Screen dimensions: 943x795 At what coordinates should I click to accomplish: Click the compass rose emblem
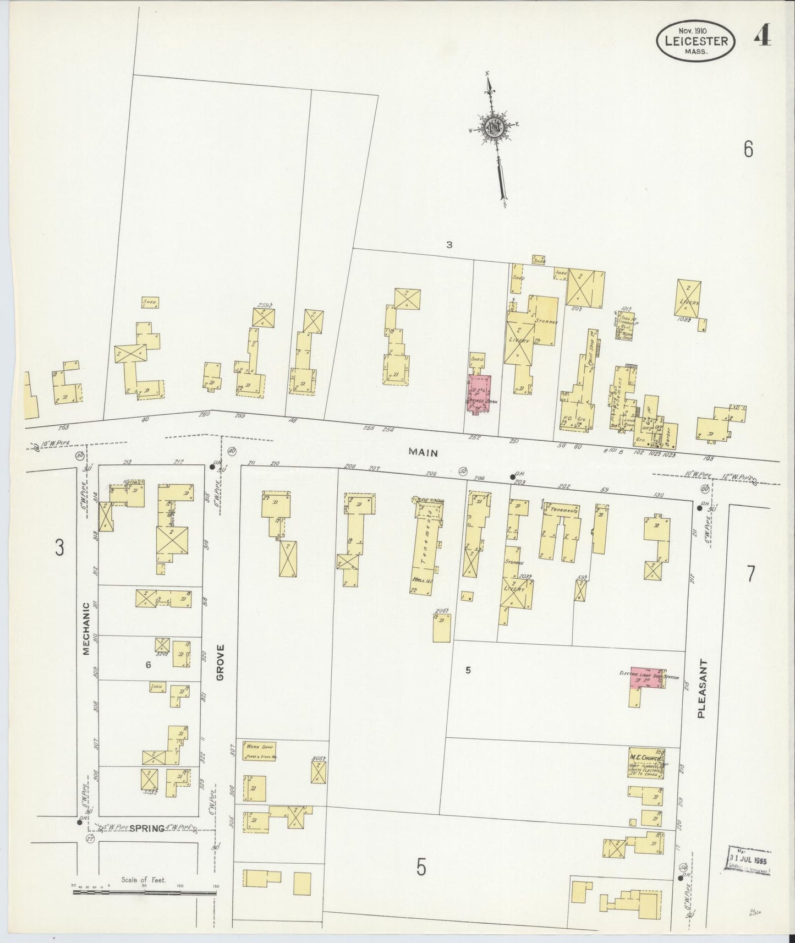(492, 128)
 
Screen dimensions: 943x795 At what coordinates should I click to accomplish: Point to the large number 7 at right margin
(751, 573)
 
